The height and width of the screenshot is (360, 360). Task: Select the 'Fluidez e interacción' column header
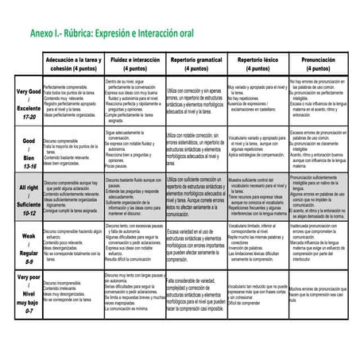(134, 64)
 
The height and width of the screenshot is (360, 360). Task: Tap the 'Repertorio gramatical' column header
(195, 64)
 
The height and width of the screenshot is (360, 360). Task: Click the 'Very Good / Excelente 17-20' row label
(28, 104)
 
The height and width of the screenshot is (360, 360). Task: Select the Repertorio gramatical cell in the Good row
(195, 152)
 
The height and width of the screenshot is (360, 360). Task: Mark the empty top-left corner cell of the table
(28, 64)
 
